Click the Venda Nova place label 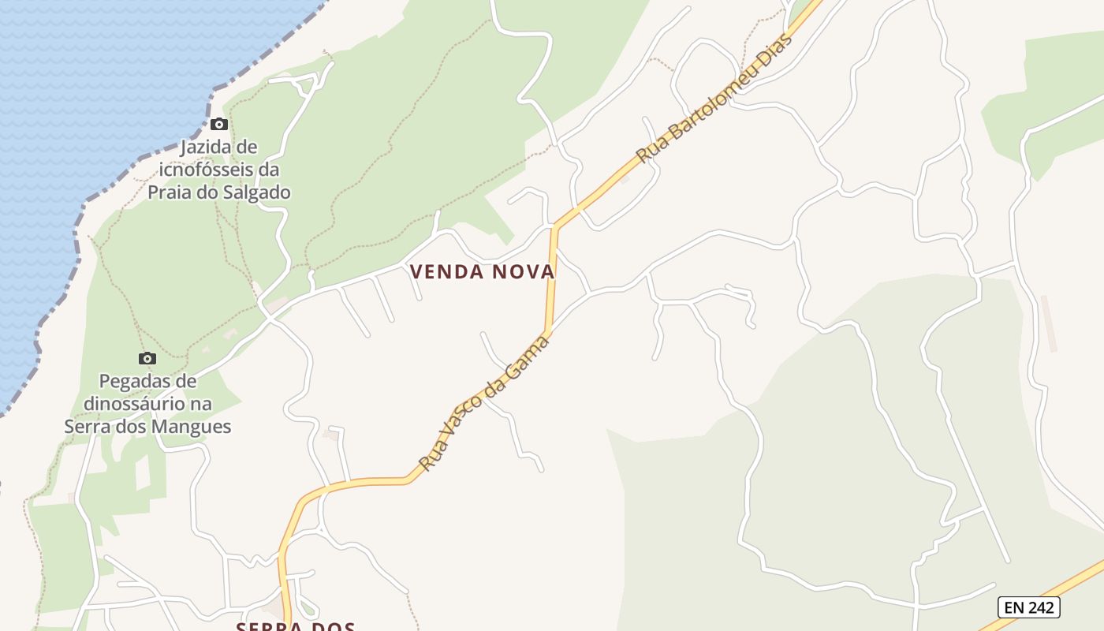(483, 272)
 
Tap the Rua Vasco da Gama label (483, 402)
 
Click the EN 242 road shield (1029, 607)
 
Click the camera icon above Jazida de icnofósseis (219, 125)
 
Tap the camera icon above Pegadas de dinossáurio (147, 359)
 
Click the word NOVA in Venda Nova (524, 272)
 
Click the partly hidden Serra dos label (296, 626)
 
